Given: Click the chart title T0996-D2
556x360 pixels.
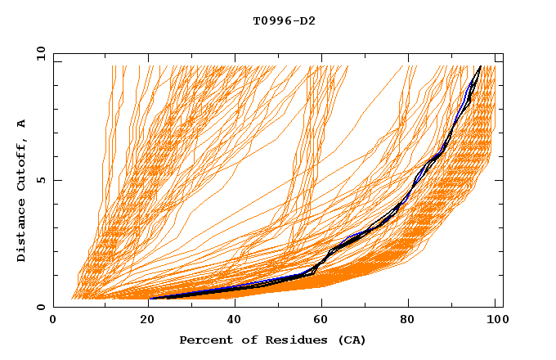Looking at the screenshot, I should pyautogui.click(x=284, y=20).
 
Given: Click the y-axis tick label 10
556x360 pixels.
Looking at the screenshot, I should pyautogui.click(x=39, y=54).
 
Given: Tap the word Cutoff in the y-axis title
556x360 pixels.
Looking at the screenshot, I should pyautogui.click(x=21, y=166).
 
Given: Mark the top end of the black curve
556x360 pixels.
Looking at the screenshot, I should pyautogui.click(x=480, y=66).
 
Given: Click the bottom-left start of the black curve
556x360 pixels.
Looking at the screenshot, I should pyautogui.click(x=150, y=299).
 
